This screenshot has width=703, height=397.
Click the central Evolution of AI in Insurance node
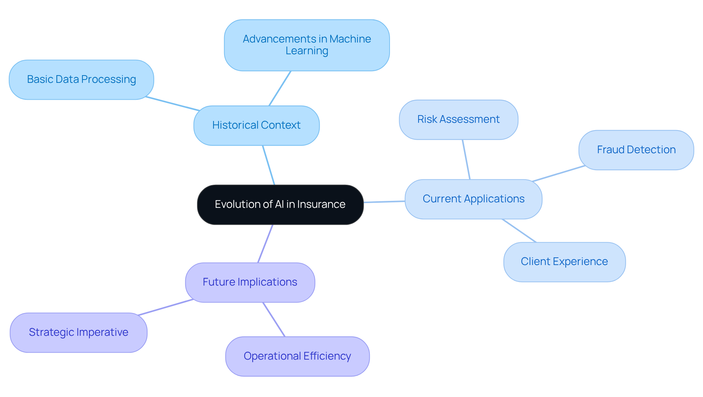point(280,205)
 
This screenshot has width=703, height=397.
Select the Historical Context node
point(256,125)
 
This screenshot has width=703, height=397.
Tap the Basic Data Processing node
point(81,80)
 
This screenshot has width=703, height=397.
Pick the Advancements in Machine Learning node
point(307,45)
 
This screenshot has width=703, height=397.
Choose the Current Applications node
point(473,199)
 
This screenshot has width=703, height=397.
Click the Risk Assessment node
point(458,120)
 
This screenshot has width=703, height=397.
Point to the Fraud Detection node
point(636,150)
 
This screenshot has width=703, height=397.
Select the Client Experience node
point(564,262)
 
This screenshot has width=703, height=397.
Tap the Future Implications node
point(250,282)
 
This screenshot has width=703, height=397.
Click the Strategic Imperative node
point(78,332)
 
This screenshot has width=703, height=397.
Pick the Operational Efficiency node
point(297,356)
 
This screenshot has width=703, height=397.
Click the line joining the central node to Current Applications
point(384,202)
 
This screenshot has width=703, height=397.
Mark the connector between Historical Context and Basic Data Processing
point(172,104)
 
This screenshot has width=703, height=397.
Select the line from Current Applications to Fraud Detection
point(558,174)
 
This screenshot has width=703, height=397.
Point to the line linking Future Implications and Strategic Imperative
point(165,307)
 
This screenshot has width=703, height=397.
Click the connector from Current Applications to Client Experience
point(519,231)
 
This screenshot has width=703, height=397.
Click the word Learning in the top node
point(307,51)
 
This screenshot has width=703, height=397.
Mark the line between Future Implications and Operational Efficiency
point(274,319)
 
